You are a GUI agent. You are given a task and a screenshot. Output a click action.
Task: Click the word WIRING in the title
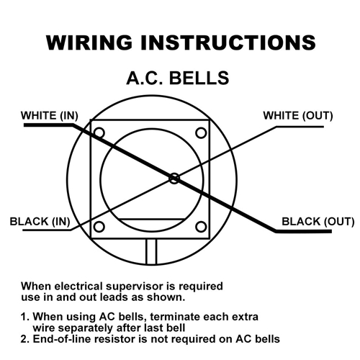pos(89,42)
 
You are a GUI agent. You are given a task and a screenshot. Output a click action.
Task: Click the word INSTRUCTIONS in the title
pos(228,42)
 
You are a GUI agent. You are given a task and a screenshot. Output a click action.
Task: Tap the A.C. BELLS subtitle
pos(178,78)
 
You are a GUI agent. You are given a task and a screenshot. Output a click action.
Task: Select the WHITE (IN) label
pos(50,115)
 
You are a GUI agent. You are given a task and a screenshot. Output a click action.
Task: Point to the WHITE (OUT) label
pos(298,115)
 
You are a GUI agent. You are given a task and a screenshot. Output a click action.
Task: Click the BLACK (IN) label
pos(40,221)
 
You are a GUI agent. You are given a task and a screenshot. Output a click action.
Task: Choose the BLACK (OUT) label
pos(318,221)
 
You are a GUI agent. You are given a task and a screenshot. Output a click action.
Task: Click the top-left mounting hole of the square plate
pos(99,132)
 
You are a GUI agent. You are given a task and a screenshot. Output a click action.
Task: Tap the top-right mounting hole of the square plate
pos(201,132)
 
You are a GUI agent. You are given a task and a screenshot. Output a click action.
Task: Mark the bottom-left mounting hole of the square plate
pos(99,227)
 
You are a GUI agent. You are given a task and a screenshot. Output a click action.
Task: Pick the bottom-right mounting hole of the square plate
pos(201,227)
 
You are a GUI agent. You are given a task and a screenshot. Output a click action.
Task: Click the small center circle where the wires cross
pos(174,179)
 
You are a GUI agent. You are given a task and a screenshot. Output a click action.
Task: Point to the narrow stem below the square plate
pos(151,251)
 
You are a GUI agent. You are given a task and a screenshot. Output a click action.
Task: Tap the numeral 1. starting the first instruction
pos(25,317)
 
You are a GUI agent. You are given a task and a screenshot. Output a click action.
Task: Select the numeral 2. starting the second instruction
pos(25,339)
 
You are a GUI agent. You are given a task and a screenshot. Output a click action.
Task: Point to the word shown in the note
pos(166,297)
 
